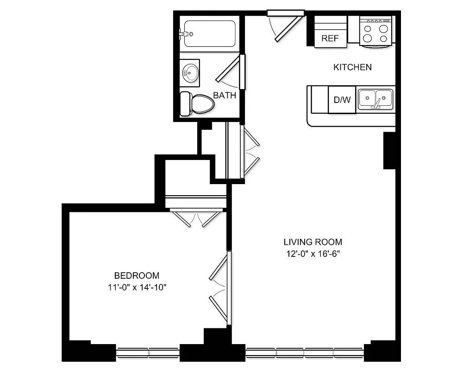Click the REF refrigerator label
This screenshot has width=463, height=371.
point(330,38)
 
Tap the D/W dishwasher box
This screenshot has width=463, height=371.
point(342,99)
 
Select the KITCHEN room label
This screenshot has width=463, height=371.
point(352,67)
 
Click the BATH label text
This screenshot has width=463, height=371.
point(225,96)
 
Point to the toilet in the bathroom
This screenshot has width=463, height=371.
point(197,103)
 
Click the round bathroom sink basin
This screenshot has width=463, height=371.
point(190,72)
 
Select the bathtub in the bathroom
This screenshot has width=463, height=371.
point(210,33)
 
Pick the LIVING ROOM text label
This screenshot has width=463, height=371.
point(313,242)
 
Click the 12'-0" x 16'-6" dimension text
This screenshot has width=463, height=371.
point(313,254)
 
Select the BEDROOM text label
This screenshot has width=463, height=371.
point(137,275)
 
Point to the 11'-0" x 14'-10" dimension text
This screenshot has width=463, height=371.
point(137,287)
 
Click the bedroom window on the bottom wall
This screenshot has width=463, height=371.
point(147,352)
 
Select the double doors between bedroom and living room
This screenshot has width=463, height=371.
point(220,288)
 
